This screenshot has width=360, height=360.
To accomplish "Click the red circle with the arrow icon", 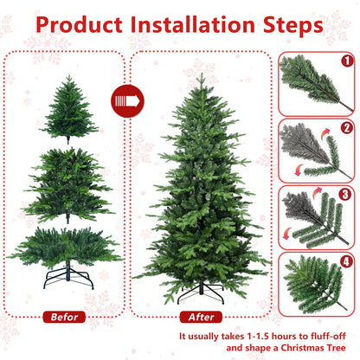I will pos(128,102).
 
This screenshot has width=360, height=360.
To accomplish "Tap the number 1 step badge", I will pos(347,61).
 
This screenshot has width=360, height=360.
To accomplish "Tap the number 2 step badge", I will pos(347,128).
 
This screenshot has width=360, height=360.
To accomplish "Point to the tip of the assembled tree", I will pos(201,76).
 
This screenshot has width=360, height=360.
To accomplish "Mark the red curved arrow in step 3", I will pos(288,229).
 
